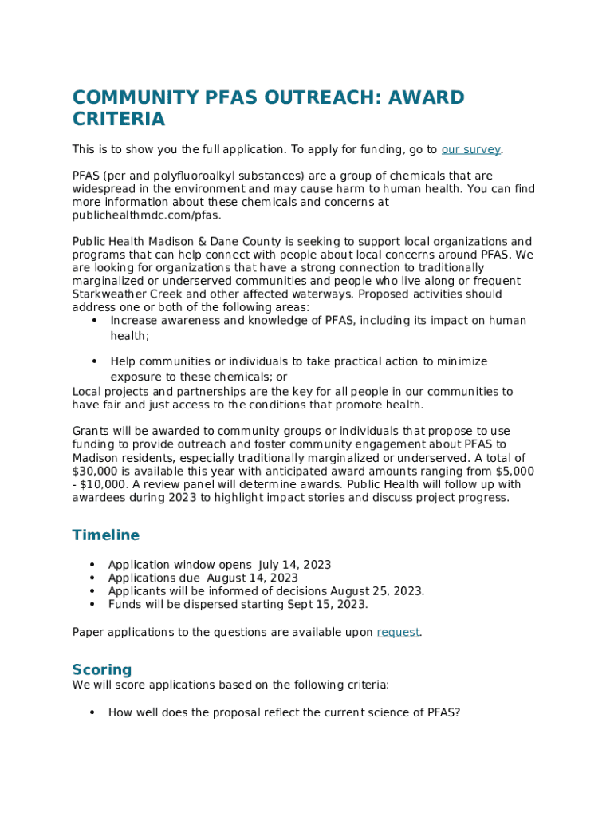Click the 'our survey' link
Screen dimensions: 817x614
[x=470, y=149]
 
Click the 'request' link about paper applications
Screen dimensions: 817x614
[x=398, y=632]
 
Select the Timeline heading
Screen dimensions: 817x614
[x=105, y=535]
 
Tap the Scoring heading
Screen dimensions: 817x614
[x=101, y=669]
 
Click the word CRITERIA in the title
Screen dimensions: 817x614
[x=119, y=120]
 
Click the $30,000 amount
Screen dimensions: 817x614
[x=96, y=471]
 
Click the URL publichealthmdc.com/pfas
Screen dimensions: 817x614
[x=147, y=215]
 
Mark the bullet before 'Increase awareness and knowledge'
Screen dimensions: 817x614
[x=94, y=321]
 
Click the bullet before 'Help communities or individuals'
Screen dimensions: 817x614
[x=94, y=361]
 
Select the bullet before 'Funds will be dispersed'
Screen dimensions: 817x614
[x=92, y=604]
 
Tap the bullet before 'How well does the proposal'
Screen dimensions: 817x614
[x=92, y=712]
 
